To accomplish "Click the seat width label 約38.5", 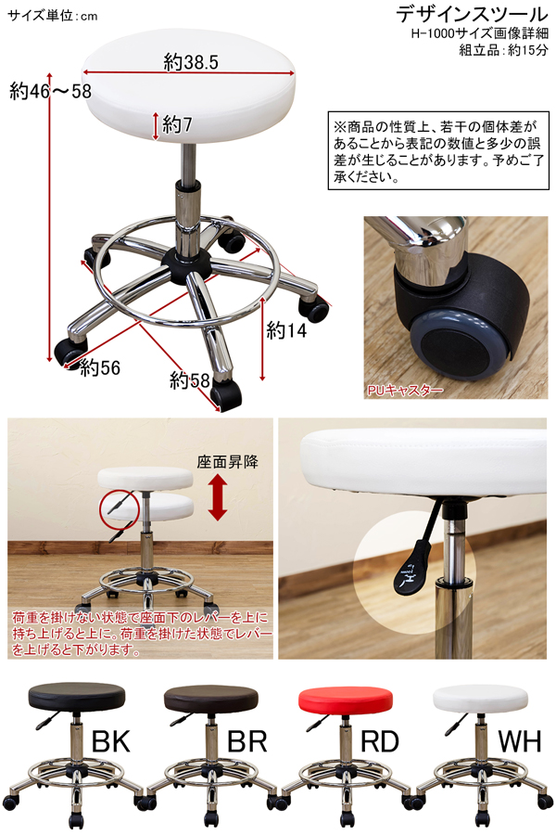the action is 191,62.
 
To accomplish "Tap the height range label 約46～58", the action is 51,92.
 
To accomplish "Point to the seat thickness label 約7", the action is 177,124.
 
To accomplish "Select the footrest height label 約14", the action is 286,330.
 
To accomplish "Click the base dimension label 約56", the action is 100,367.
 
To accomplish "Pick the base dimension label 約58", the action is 190,380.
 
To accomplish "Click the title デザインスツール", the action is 472,14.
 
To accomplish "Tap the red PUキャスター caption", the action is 405,391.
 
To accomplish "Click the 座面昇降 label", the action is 228,461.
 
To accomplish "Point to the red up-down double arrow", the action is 218,497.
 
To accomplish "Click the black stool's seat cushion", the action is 77,697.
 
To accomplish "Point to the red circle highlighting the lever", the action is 119,509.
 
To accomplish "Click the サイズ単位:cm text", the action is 53,16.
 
